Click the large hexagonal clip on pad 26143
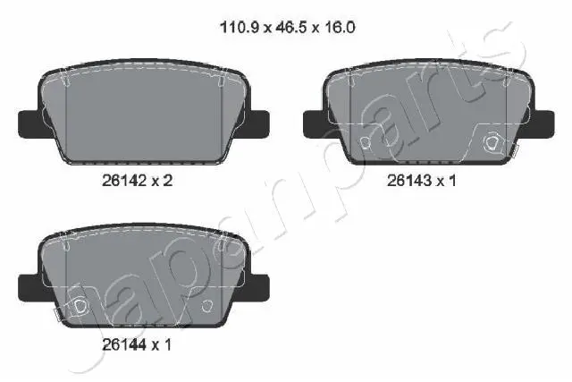click(x=489, y=143)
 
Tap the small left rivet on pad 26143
click(x=364, y=143)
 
